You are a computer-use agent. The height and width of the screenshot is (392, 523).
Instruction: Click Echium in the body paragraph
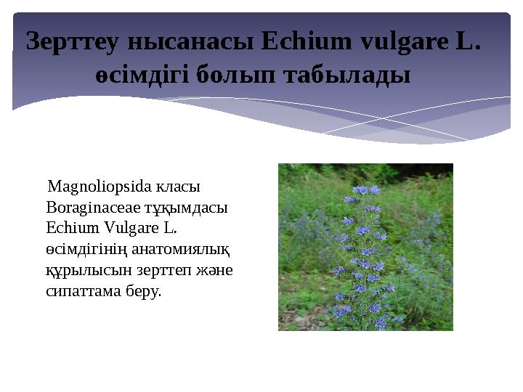[68, 228]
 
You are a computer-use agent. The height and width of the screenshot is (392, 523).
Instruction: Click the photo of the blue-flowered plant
[365, 247]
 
